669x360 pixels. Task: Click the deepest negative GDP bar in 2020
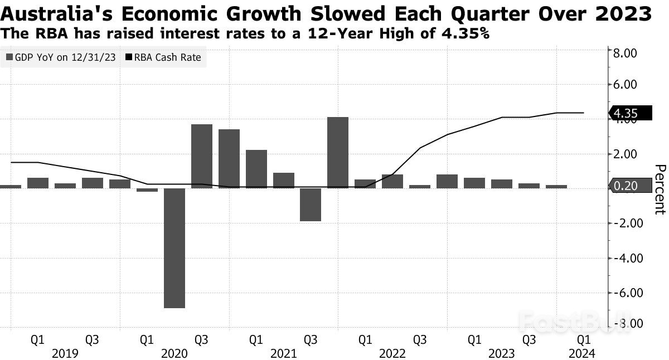(x=174, y=248)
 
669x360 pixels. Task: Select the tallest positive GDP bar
(x=338, y=152)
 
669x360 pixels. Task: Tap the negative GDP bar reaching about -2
(x=311, y=205)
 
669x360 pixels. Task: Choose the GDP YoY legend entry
(x=62, y=57)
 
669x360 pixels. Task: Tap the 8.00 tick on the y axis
(x=624, y=53)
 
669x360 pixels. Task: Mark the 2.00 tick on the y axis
(x=624, y=154)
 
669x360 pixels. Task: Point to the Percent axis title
(x=660, y=189)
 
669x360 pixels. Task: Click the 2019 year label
(x=65, y=353)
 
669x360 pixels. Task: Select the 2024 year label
(x=582, y=353)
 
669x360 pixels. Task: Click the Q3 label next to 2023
(x=529, y=339)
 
